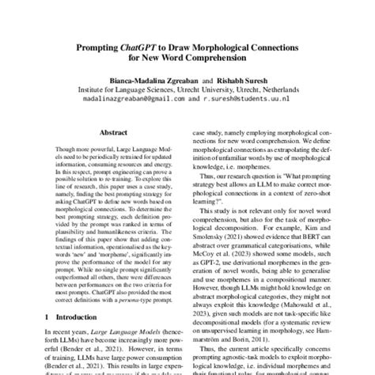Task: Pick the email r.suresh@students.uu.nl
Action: click(249, 101)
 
